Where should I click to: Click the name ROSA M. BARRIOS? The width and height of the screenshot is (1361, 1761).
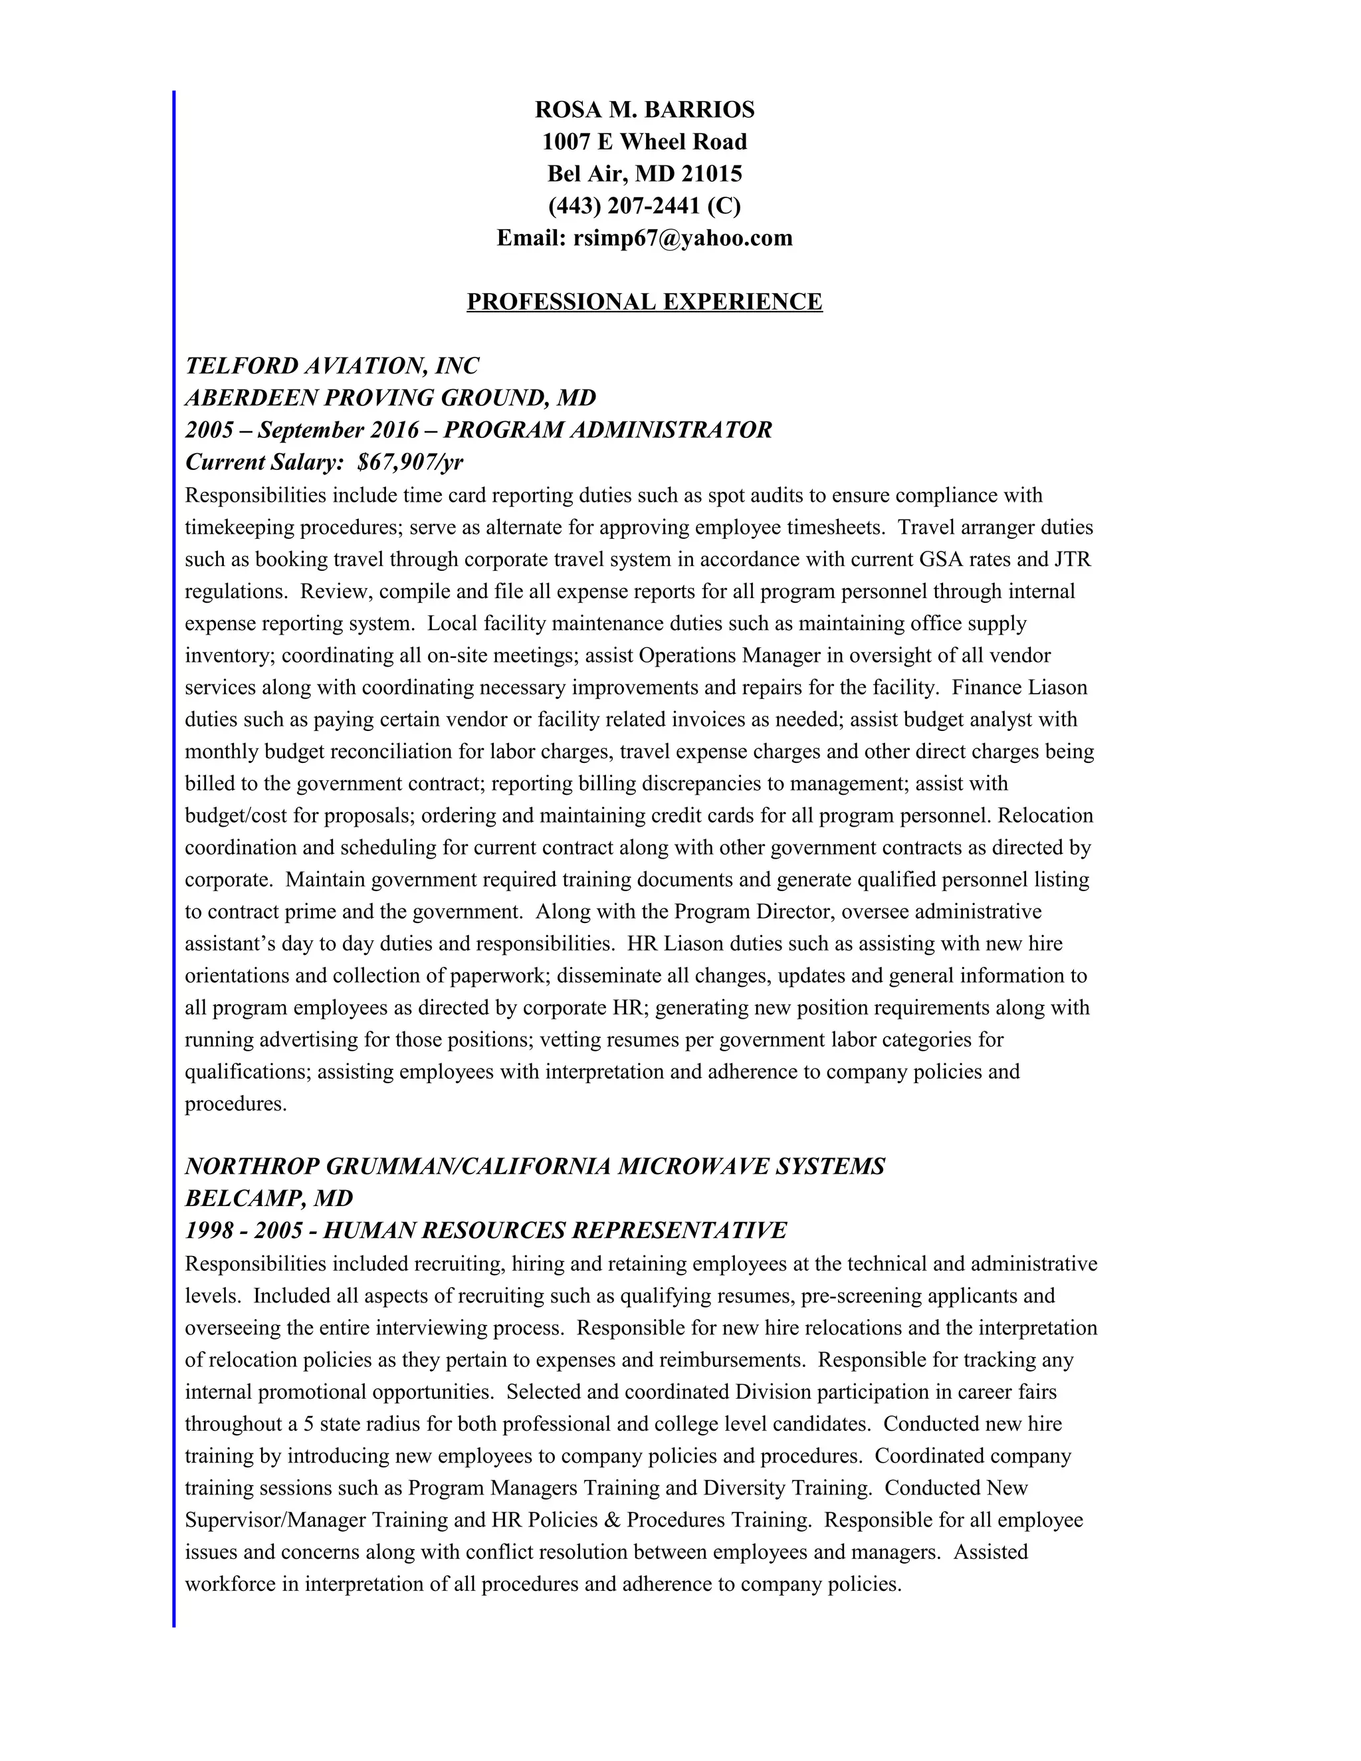click(644, 110)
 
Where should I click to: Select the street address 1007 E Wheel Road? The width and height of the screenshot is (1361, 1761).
click(644, 142)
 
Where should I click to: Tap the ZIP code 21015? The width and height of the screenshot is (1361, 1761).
click(711, 174)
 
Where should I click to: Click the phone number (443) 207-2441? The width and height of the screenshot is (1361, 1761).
click(624, 207)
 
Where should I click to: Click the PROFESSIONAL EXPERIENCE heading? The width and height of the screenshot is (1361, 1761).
click(644, 302)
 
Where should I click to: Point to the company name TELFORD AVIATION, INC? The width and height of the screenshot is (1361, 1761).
click(332, 366)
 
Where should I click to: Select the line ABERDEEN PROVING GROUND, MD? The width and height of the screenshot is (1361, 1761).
click(390, 398)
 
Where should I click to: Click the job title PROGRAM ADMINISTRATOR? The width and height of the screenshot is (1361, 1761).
click(608, 431)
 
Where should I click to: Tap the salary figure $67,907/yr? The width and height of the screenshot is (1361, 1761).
click(411, 463)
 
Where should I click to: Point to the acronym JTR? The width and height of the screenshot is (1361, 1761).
click(1073, 560)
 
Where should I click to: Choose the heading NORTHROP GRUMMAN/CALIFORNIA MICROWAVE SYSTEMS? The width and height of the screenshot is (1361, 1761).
click(534, 1167)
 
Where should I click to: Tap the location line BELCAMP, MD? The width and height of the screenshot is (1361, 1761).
click(269, 1199)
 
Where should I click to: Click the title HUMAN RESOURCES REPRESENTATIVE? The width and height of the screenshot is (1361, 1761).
click(555, 1231)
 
